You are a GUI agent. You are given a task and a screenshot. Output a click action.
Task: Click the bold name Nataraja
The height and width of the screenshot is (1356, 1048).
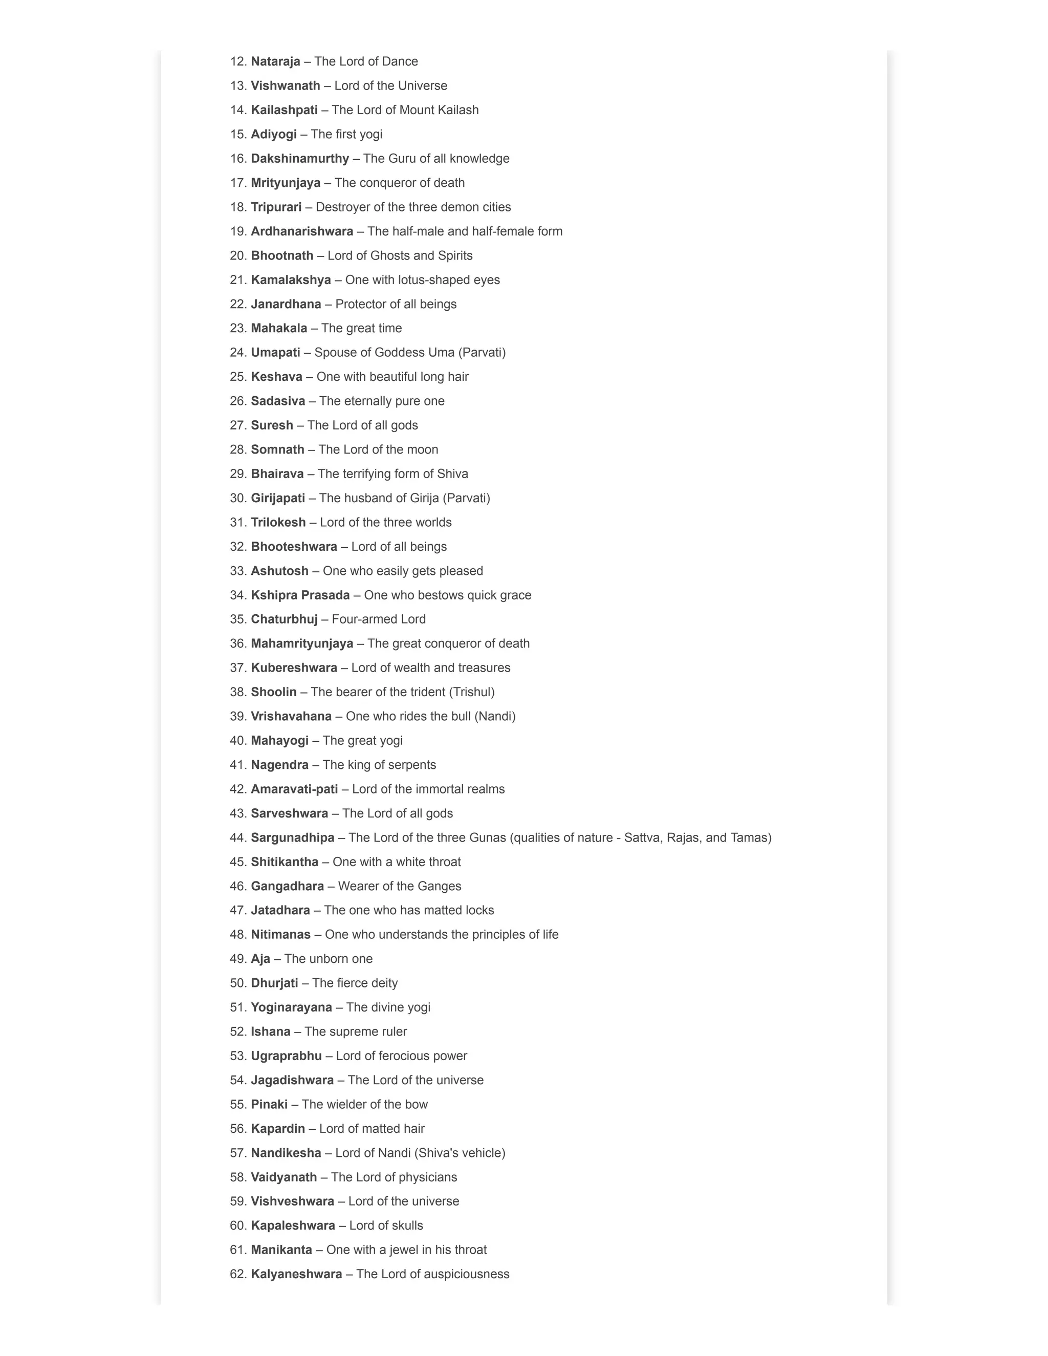click(275, 61)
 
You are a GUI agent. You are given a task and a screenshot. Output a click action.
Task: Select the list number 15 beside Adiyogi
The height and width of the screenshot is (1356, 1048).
click(238, 134)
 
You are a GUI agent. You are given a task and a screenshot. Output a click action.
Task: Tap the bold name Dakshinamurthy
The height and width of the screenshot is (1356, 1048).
click(300, 158)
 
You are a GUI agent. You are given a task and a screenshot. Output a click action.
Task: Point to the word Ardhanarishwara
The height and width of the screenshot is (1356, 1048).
click(302, 231)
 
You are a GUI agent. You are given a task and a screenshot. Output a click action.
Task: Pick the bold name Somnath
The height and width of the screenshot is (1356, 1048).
click(277, 449)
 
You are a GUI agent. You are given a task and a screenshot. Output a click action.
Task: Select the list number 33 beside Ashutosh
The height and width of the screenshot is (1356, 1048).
click(238, 571)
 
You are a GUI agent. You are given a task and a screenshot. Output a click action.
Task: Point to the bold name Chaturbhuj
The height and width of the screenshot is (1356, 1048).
click(283, 619)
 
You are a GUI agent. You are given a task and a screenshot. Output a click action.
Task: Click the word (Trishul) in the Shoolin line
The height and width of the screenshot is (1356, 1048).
click(472, 692)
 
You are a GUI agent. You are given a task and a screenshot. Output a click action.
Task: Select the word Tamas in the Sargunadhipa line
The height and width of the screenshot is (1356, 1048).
click(751, 837)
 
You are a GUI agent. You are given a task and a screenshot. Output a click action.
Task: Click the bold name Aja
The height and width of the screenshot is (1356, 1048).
click(260, 959)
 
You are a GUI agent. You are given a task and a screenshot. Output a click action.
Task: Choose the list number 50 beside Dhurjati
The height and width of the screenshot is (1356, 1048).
click(238, 983)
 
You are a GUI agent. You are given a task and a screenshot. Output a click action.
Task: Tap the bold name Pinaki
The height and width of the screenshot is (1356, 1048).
click(269, 1104)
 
